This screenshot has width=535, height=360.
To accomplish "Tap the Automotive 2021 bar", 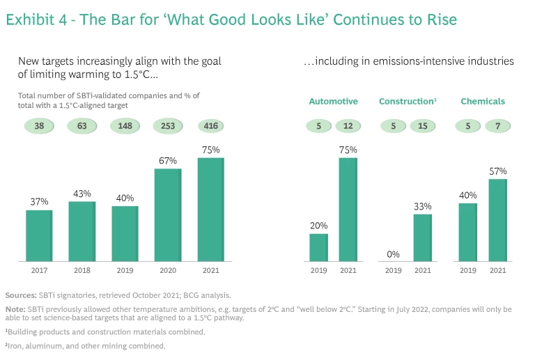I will [x=348, y=210].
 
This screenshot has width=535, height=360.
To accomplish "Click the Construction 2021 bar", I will [x=422, y=237].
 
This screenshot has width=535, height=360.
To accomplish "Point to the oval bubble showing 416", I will [x=210, y=126].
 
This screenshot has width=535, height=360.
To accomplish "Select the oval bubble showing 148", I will [x=125, y=126].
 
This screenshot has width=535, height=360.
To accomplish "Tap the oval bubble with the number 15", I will [x=422, y=126].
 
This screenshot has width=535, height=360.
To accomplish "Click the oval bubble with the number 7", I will [x=497, y=126].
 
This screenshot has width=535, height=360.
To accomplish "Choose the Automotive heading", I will [x=333, y=102].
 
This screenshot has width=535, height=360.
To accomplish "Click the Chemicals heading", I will [x=482, y=102].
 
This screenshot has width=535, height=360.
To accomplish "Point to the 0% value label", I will [x=393, y=254].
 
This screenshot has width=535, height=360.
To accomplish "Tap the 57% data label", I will [x=497, y=171].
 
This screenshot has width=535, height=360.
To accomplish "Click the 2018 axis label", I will [x=82, y=270].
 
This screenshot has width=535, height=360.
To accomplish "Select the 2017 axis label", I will [x=39, y=270].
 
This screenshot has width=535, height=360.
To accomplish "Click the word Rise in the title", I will [x=440, y=19].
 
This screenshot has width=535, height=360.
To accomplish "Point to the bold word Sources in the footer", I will [x=21, y=295].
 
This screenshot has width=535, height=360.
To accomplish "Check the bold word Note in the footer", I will [x=15, y=308].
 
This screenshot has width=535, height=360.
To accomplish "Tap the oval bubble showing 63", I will [x=82, y=126].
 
